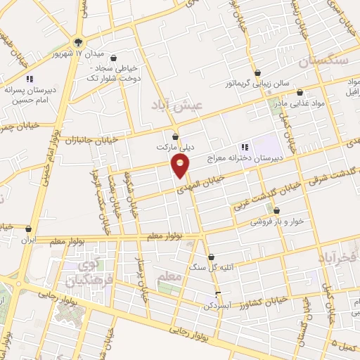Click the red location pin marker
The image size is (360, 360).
click(x=181, y=166)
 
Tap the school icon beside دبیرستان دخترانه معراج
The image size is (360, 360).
click(x=245, y=147)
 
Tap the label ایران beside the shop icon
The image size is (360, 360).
click(x=28, y=240)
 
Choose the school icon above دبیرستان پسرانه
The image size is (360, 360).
click(x=30, y=79)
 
